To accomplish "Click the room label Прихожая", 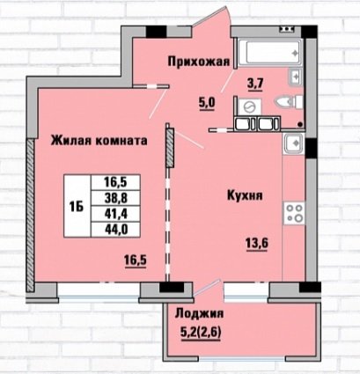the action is (198, 62).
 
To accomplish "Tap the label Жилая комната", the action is (99, 141).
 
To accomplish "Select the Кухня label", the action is (245, 195).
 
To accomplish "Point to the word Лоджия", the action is (199, 314).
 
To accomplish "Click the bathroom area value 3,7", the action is (256, 84).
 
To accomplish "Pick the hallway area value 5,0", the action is (208, 103).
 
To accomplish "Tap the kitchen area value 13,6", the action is (257, 243).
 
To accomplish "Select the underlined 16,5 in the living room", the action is (136, 260).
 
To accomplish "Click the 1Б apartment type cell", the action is (77, 206).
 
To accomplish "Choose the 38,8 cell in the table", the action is (115, 199).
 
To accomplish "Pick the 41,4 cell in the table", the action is (115, 214).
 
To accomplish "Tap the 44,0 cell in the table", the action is (115, 230).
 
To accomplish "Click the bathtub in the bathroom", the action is (270, 53).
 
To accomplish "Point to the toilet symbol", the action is (290, 102).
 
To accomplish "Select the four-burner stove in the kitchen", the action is (294, 213).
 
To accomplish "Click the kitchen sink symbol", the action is (293, 143).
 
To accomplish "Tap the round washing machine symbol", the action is (249, 106).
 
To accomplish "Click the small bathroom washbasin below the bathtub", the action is (296, 77).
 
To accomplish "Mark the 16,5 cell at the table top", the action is (115, 182).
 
